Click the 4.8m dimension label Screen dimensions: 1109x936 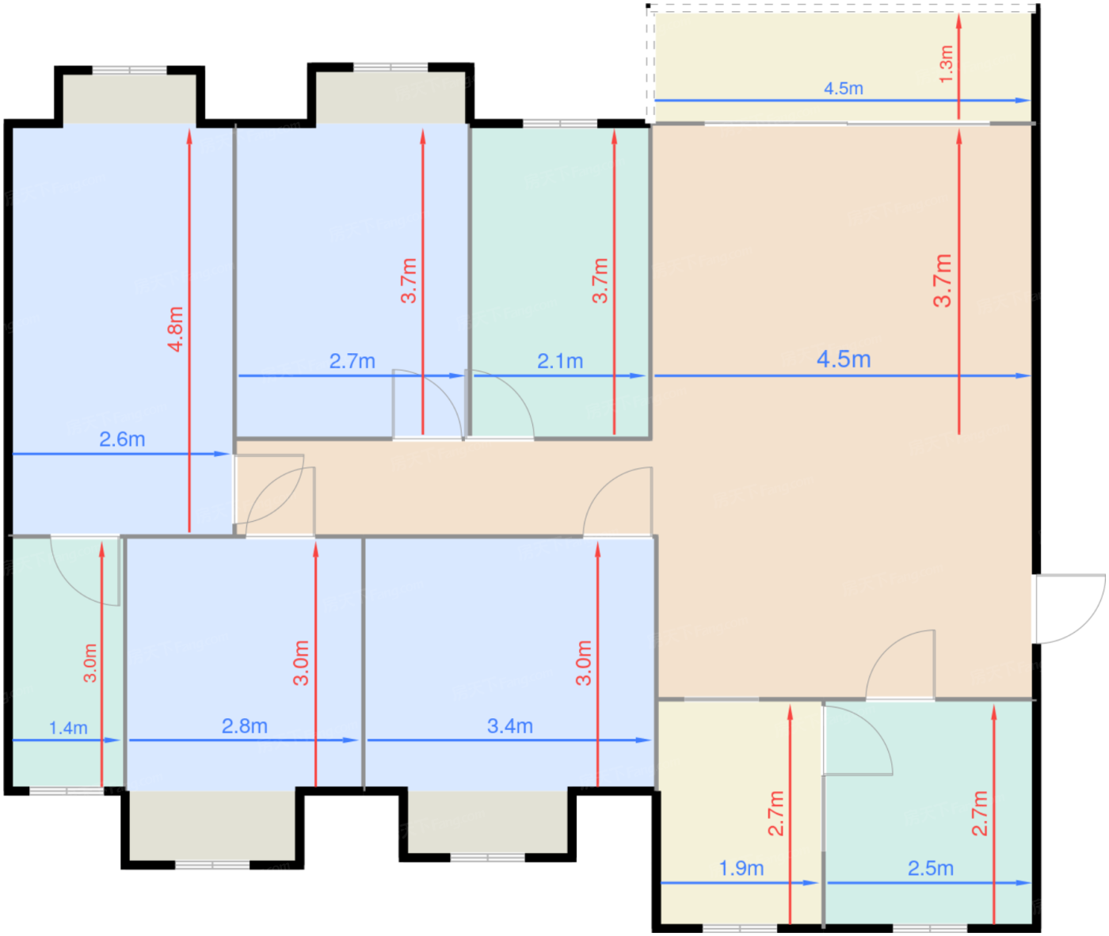coord(175,329)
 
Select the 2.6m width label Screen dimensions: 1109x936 coord(122,439)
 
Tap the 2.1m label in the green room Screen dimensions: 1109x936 coord(560,362)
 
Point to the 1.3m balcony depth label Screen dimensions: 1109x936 coord(947,64)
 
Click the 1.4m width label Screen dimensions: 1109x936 coord(68,728)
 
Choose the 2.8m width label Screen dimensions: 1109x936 coord(244,726)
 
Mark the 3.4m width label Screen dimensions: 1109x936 coord(510,726)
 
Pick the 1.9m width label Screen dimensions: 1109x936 coord(741,869)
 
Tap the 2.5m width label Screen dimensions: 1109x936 coord(931,869)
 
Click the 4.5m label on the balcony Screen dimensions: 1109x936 coord(844,89)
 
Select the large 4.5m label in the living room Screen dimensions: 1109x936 coord(844,360)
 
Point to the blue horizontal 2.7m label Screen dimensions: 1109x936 coord(353,362)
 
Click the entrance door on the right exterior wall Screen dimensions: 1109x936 coord(1068,609)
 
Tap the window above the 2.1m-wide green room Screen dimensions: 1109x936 coord(560,124)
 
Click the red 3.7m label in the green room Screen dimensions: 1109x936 coord(600,281)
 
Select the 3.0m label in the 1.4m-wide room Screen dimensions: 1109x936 coord(90,663)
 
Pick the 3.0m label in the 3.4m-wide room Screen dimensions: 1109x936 coord(584,663)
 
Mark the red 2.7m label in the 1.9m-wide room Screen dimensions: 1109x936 coord(776,813)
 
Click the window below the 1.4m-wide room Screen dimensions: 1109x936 coord(67,792)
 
